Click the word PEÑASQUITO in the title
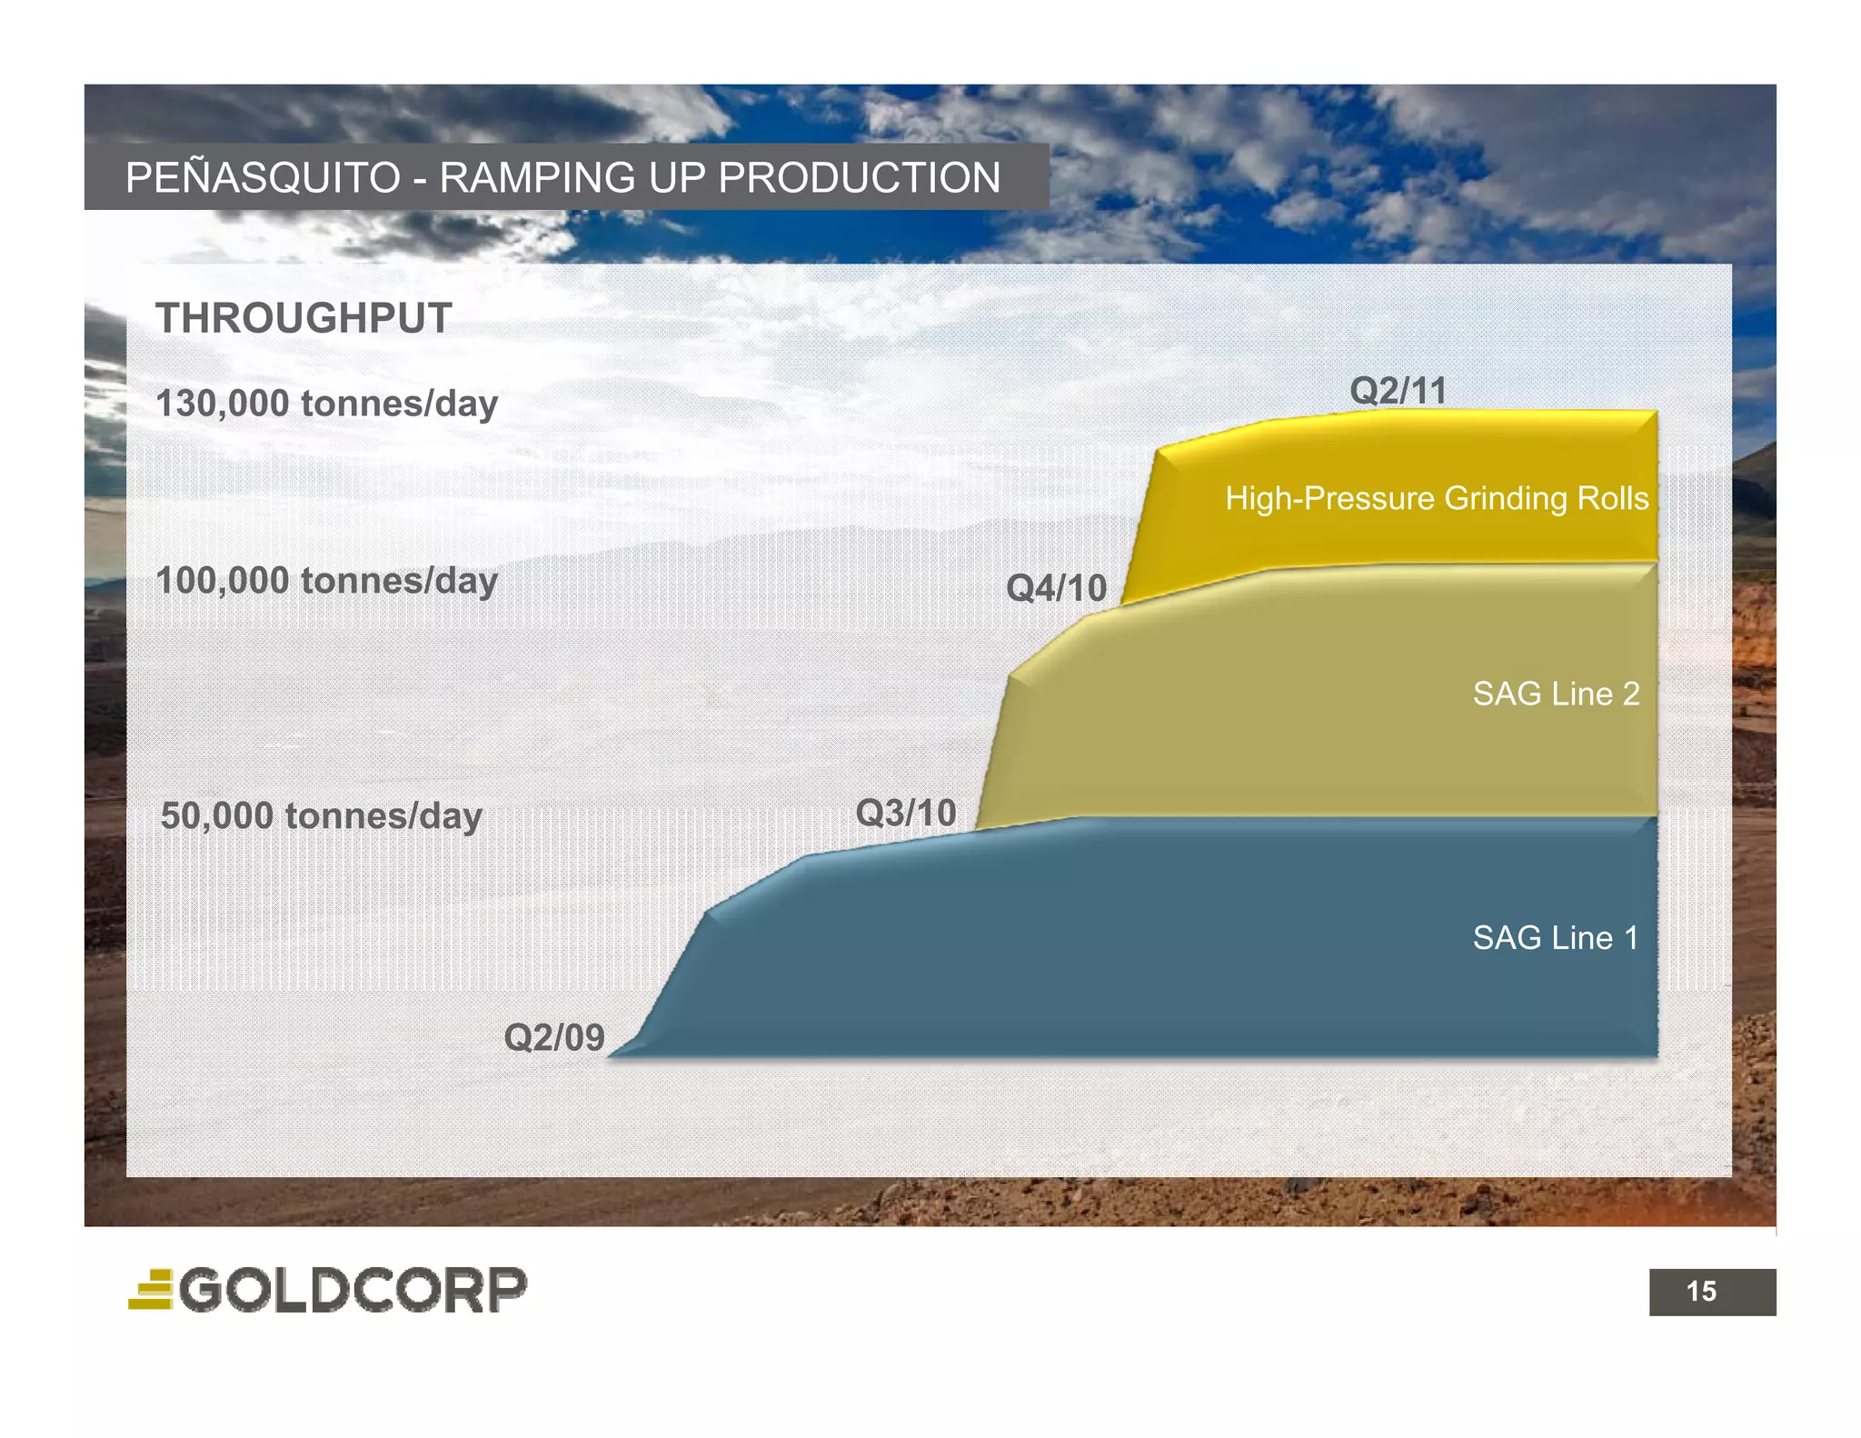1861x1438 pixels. pos(263,178)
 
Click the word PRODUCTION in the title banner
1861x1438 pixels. pos(858,178)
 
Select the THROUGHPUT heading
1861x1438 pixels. pos(304,319)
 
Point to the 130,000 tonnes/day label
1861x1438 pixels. pos(326,404)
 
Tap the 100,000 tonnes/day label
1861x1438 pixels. pos(326,581)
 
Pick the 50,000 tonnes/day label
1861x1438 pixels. pos(321,816)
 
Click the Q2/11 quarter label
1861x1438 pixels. pos(1398,392)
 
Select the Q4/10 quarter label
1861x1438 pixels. pos(1056,589)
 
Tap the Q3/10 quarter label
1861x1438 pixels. pos(906,813)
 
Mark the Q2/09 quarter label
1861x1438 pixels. pos(554,1037)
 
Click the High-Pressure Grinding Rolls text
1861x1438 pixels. pos(1436,499)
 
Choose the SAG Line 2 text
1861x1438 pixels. pos(1556,694)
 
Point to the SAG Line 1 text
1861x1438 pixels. pos(1555,938)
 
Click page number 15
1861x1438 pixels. pos(1701,1292)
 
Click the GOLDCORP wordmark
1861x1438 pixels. pos(353,1290)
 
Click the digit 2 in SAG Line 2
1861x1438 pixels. pos(1630,694)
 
